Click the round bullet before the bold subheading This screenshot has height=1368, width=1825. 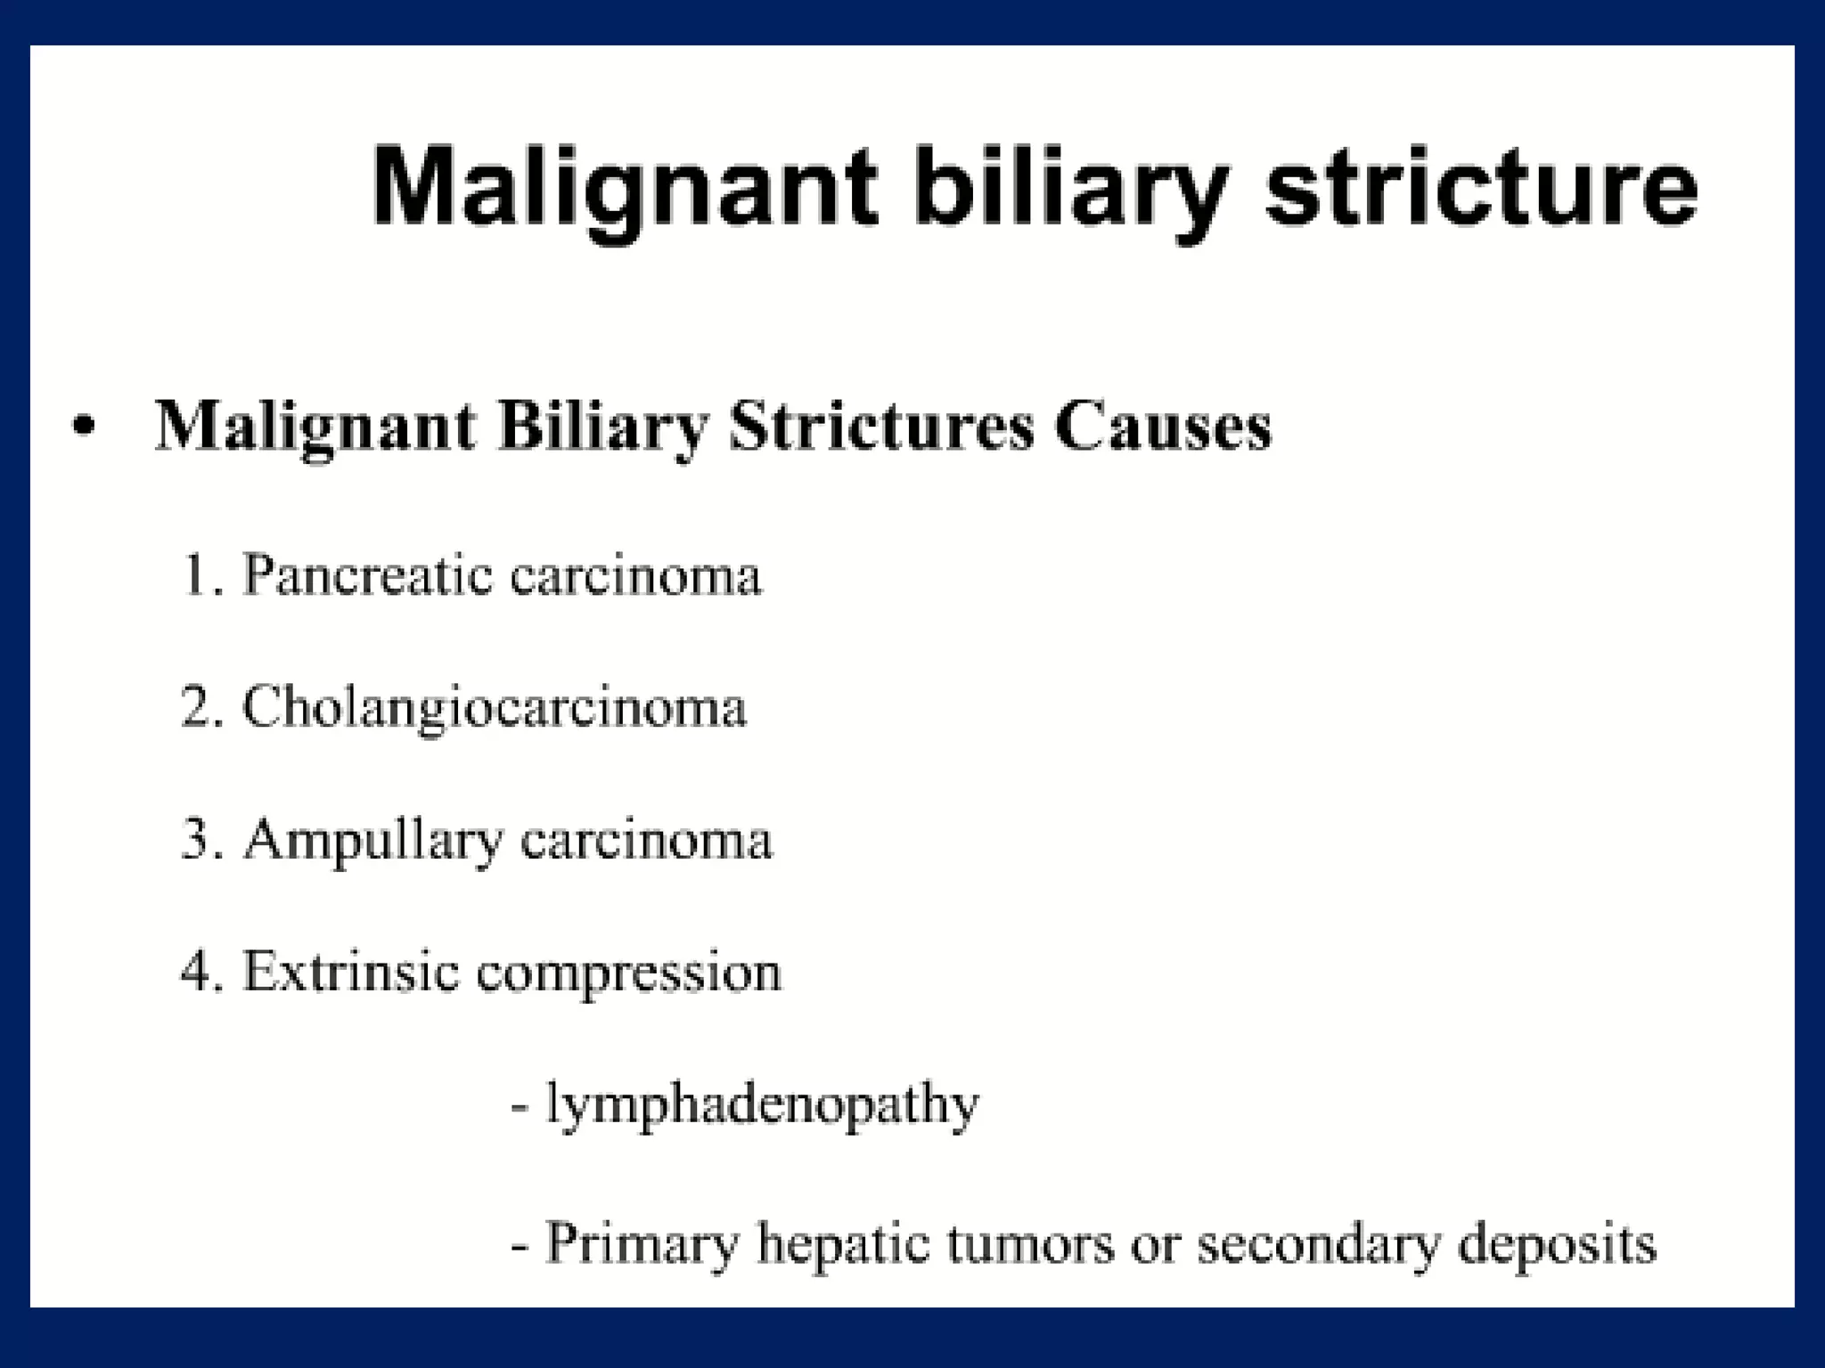(83, 428)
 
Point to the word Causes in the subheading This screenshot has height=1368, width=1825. (1162, 427)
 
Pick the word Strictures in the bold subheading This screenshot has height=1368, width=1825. (881, 427)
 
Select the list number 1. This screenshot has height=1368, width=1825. (197, 574)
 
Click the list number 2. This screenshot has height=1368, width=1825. (197, 707)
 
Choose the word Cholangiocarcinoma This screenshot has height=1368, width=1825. (495, 709)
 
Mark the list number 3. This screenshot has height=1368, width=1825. (197, 840)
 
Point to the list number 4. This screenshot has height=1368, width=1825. (197, 972)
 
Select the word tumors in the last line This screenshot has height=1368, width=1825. (1030, 1244)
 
